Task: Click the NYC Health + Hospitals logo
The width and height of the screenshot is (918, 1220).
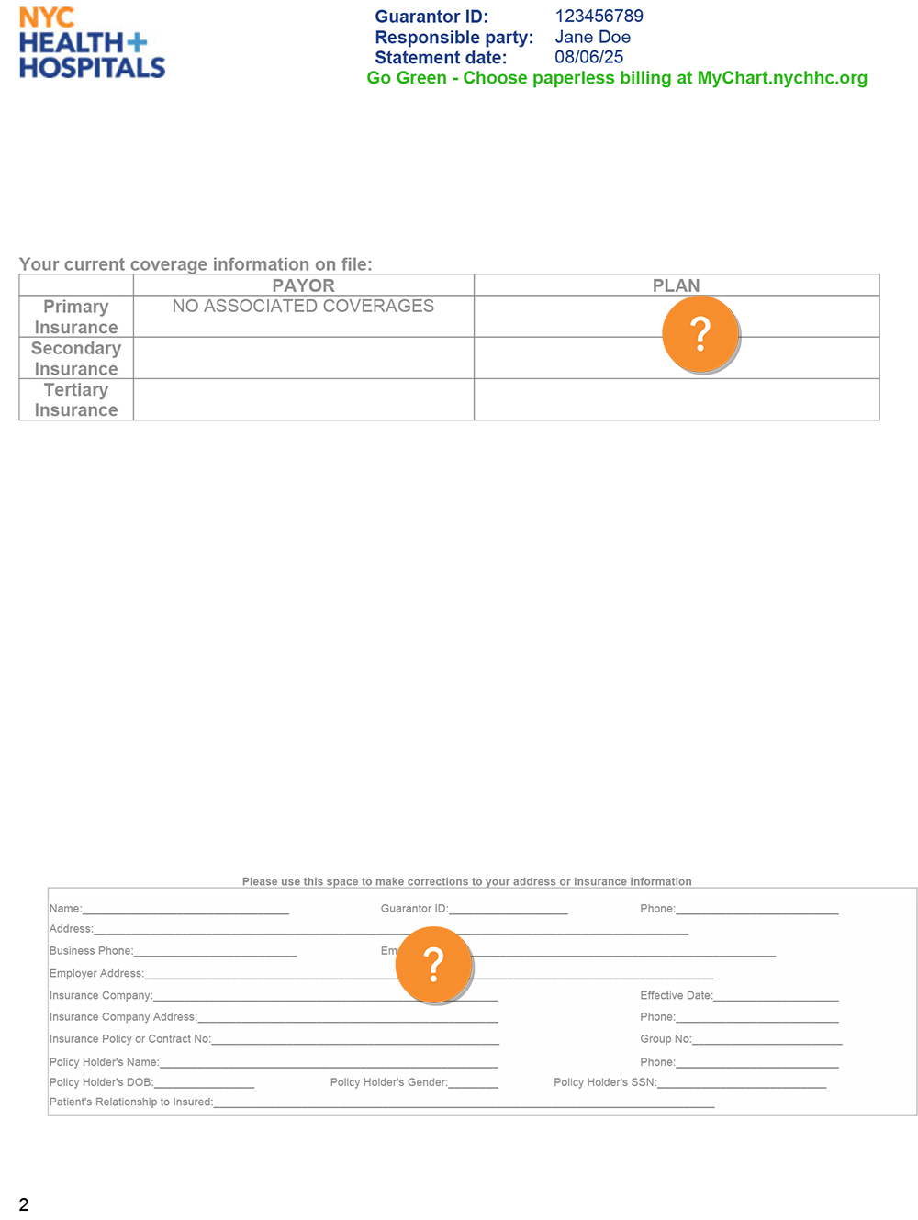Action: [92, 43]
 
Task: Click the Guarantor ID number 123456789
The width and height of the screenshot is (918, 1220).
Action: [599, 17]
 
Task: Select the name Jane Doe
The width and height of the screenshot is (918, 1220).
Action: [592, 38]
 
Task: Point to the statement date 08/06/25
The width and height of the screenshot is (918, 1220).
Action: [588, 57]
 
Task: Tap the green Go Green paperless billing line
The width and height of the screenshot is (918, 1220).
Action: [617, 78]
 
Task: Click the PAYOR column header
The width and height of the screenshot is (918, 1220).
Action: [303, 285]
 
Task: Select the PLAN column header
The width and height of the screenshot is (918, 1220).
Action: [676, 285]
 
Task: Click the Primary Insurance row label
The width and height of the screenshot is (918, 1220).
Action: [76, 317]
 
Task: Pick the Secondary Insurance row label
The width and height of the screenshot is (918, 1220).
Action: [76, 358]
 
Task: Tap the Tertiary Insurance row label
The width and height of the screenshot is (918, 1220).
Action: [76, 399]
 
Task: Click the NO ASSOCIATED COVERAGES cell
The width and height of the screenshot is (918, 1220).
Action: [303, 307]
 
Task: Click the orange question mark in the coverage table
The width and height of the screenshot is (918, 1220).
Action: [700, 334]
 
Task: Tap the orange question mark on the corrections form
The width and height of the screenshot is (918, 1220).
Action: [433, 964]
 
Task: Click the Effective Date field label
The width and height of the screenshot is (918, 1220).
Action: [676, 996]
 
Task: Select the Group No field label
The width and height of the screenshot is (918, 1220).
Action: [666, 1039]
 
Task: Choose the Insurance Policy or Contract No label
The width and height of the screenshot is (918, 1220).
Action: [129, 1039]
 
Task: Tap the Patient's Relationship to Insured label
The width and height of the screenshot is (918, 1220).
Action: [130, 1102]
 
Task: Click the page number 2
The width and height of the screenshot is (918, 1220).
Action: [24, 1204]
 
